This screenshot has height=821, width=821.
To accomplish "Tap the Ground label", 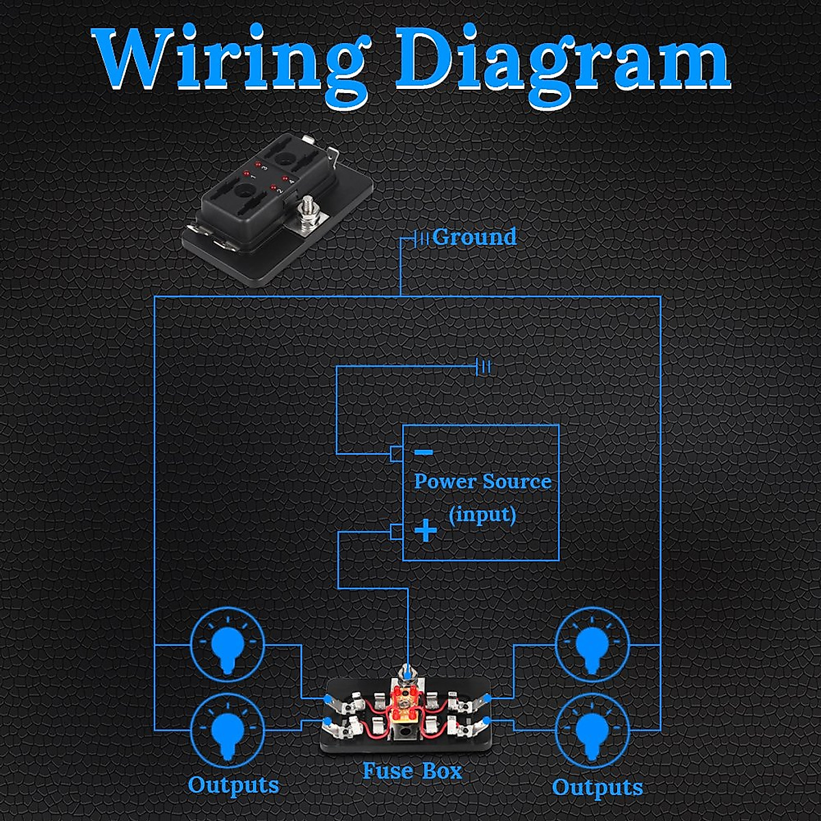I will (474, 237).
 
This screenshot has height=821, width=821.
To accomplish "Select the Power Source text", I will (482, 481).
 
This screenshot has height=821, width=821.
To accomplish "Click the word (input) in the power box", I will (482, 514).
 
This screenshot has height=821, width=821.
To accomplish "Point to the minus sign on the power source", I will (423, 452).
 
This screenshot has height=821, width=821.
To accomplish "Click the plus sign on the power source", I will (426, 530).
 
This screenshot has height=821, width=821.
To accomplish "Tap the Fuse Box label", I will (412, 772).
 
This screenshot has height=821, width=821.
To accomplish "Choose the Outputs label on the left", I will (233, 785).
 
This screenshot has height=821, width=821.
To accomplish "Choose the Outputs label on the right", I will (597, 787).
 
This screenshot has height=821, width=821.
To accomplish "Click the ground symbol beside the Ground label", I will (422, 238).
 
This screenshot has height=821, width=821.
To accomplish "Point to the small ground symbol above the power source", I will (484, 367).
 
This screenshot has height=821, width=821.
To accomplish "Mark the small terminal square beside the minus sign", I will (395, 453).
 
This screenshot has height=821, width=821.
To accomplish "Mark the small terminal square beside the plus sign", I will (395, 532).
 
